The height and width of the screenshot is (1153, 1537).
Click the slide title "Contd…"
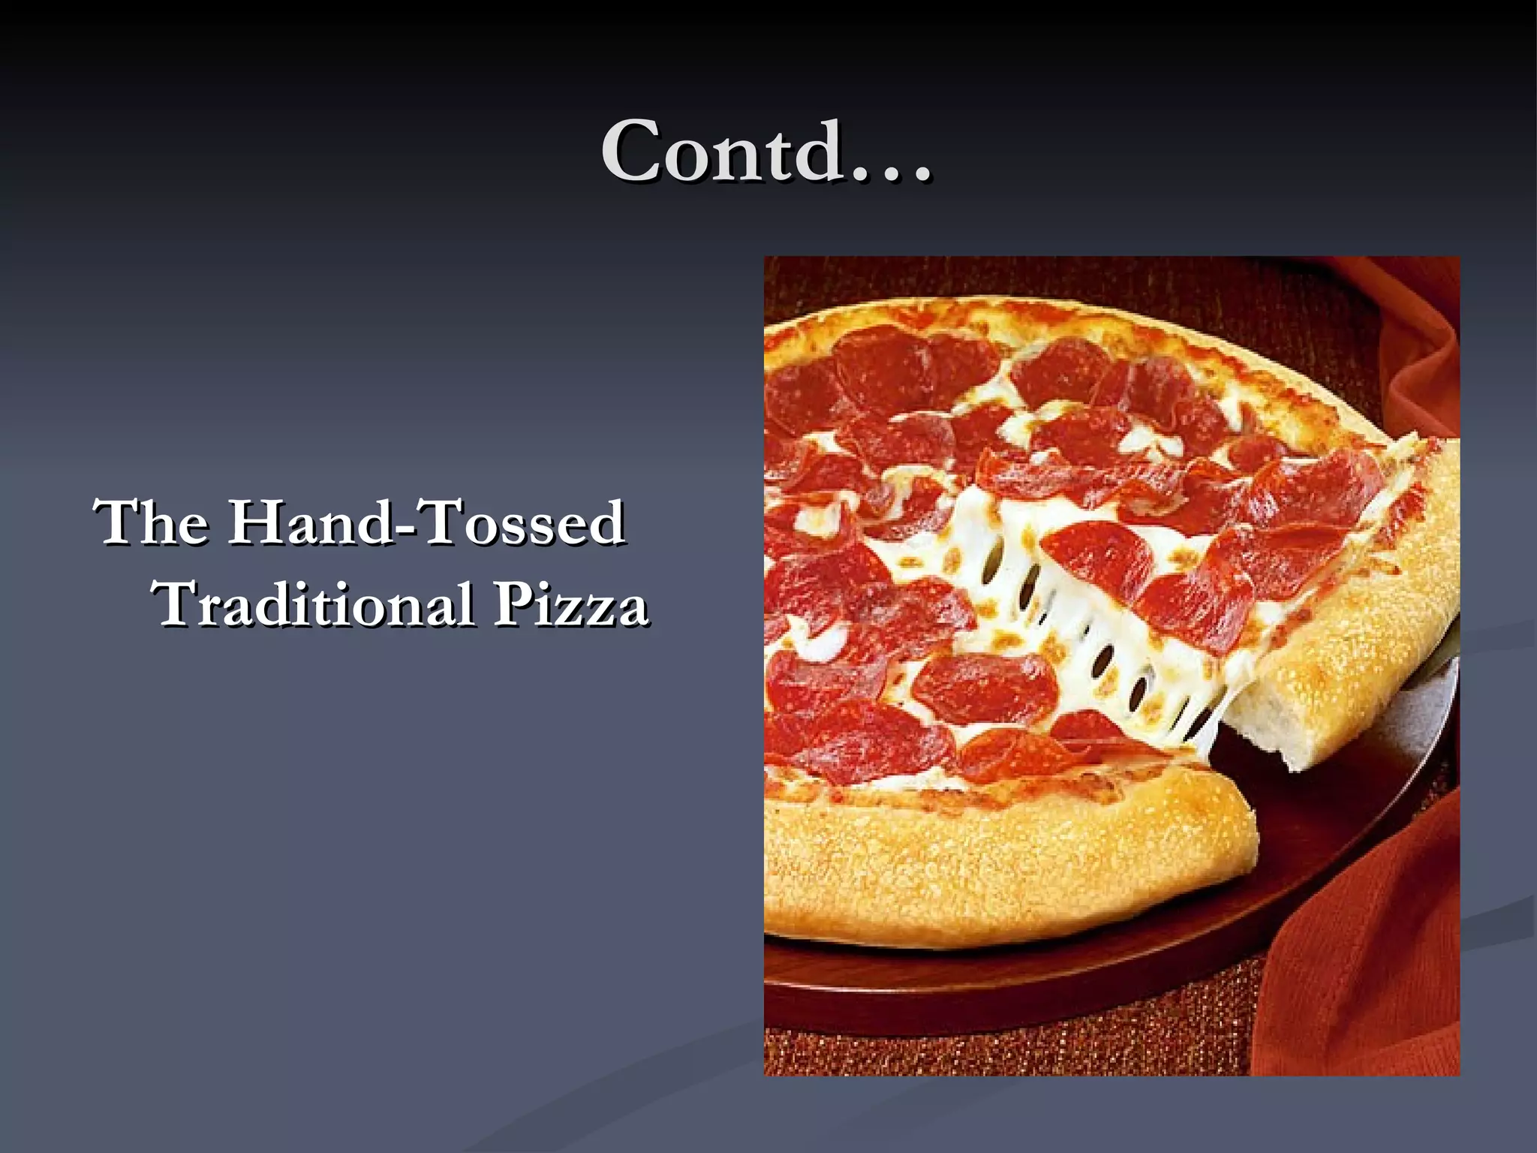click(x=766, y=152)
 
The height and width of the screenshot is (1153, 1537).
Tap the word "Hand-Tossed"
click(x=427, y=522)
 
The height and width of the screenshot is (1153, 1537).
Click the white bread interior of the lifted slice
click(x=1276, y=721)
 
